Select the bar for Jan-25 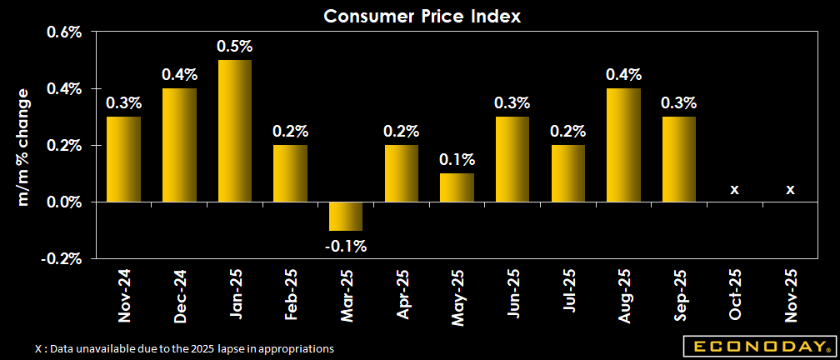click(234, 131)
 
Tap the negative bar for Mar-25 click(346, 216)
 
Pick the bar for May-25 click(457, 187)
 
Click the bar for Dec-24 click(179, 145)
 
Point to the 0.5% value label click(234, 47)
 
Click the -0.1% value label click(346, 246)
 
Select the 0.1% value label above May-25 click(457, 160)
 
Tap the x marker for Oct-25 click(734, 190)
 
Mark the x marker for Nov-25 click(790, 190)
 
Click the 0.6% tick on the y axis click(63, 32)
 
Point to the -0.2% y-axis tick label click(62, 258)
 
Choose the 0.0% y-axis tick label click(63, 202)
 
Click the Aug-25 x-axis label click(623, 295)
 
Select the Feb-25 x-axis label click(290, 295)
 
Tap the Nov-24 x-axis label click(123, 295)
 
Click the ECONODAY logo click(757, 346)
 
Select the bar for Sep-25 click(679, 159)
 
